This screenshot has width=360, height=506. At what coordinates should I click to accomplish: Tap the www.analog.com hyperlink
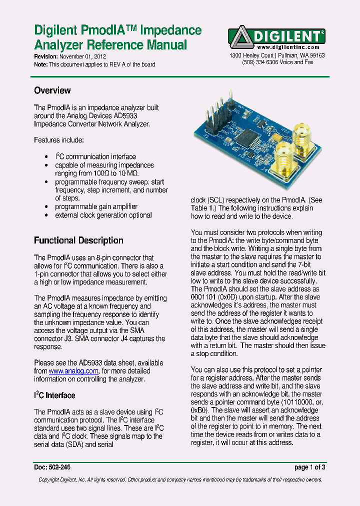pyautogui.click(x=73, y=371)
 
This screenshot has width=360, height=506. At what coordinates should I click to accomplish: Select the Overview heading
pyautogui.click(x=52, y=90)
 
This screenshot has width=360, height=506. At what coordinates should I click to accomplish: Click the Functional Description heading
pyautogui.click(x=78, y=240)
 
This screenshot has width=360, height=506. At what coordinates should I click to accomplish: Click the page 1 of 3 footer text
pyautogui.click(x=310, y=467)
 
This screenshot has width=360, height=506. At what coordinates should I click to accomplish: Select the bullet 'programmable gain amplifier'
pyautogui.click(x=96, y=206)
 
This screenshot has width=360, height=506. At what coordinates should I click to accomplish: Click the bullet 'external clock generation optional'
pyautogui.click(x=103, y=215)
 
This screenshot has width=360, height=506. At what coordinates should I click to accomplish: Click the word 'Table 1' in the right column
pyautogui.click(x=202, y=208)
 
